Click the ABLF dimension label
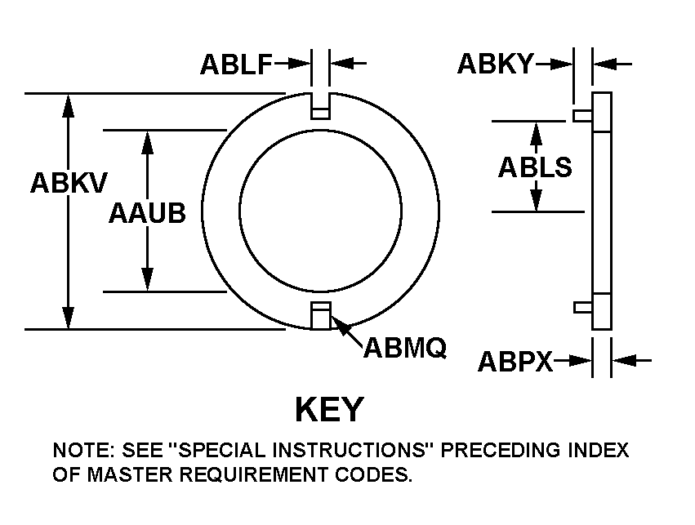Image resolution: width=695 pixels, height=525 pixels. coord(236,65)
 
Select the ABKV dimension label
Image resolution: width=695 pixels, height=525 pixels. coord(68,183)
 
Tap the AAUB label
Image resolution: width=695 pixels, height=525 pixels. coord(147,213)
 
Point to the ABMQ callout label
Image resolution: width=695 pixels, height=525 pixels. coord(404,349)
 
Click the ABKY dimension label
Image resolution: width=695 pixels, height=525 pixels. coord(494,64)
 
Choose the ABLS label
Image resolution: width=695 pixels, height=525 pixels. coord(535,167)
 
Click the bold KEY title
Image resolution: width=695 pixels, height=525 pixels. coord(329,408)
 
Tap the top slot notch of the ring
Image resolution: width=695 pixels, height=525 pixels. coord(320,105)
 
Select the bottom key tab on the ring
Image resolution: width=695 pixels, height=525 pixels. coord(320,315)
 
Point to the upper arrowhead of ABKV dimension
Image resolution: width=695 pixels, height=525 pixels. coord(68,103)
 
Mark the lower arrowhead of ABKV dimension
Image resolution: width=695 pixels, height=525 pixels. coord(68,320)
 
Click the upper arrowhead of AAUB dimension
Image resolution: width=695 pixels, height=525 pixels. coord(147,139)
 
